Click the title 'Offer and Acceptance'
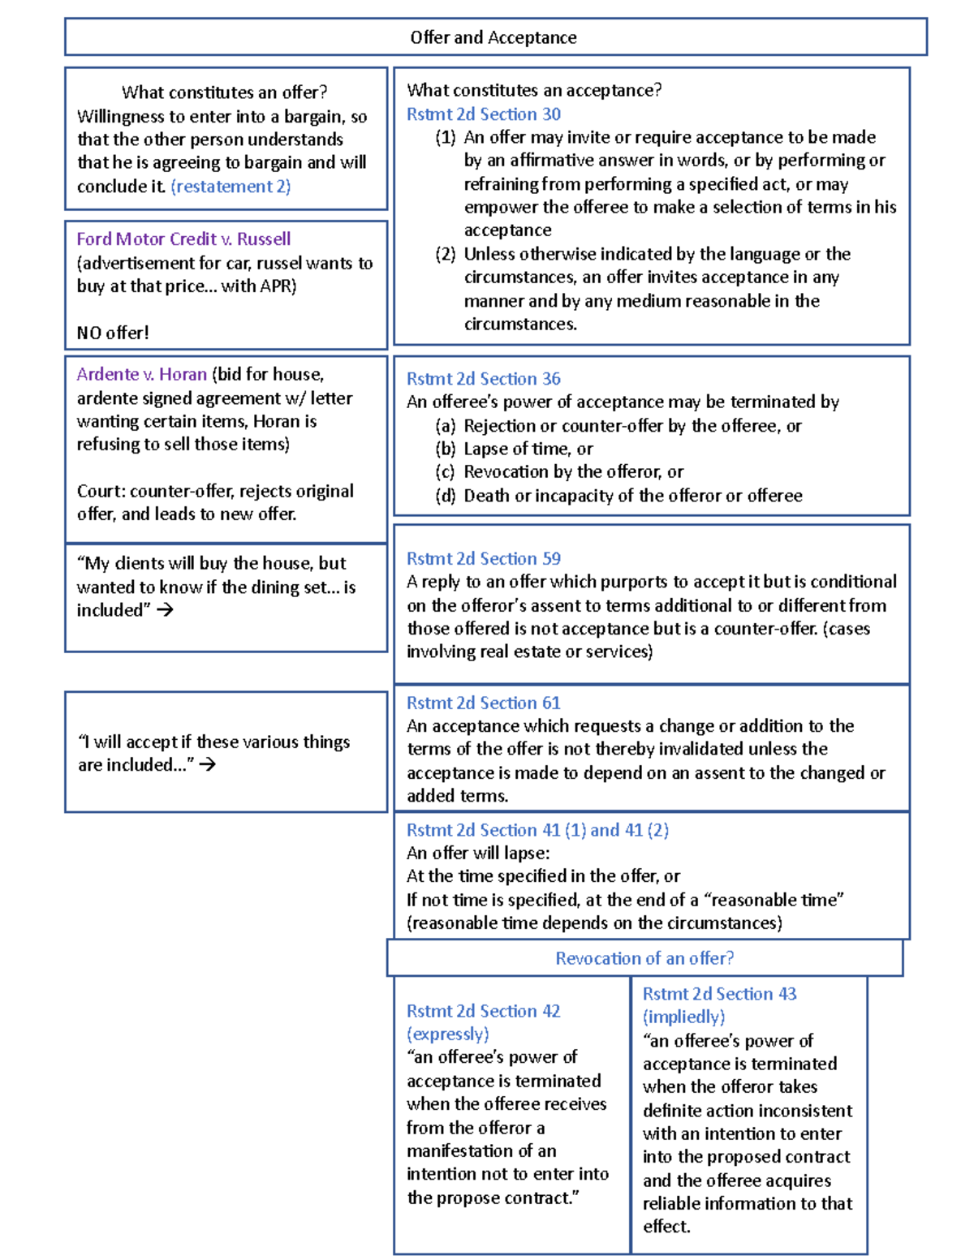click(493, 37)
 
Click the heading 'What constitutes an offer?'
click(224, 92)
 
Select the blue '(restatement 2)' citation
click(231, 187)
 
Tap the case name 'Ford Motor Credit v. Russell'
click(183, 239)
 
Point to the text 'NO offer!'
click(113, 333)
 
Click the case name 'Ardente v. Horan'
click(142, 375)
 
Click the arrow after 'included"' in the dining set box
click(165, 610)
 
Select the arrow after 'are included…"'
click(208, 764)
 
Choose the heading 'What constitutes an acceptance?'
click(534, 90)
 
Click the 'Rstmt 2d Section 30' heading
click(484, 114)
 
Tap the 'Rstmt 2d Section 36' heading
click(484, 379)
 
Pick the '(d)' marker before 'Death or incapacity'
click(445, 496)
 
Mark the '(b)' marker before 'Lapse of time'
click(445, 449)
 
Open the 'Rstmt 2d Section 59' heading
click(484, 559)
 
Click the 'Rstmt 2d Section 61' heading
click(484, 703)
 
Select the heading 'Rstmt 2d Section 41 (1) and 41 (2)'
click(537, 830)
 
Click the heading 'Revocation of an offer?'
click(644, 958)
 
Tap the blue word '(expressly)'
click(448, 1034)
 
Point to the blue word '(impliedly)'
click(684, 1017)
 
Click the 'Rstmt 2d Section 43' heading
click(719, 994)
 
